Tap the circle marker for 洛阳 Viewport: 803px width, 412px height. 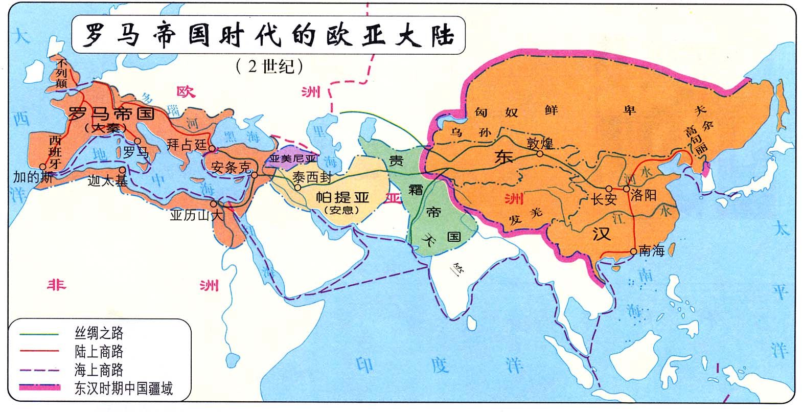tap(627, 189)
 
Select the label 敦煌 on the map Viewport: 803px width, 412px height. tap(540, 144)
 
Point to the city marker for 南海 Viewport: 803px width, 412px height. tap(634, 251)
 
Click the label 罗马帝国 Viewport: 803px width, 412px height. tap(111, 113)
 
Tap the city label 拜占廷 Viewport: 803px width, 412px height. tap(187, 144)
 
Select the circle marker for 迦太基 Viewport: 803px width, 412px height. tap(123, 171)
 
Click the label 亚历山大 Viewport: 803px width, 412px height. tap(197, 216)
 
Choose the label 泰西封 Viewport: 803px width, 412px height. tap(312, 177)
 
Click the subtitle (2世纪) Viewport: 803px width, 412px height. tap(270, 66)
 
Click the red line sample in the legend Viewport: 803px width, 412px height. tap(40, 352)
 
